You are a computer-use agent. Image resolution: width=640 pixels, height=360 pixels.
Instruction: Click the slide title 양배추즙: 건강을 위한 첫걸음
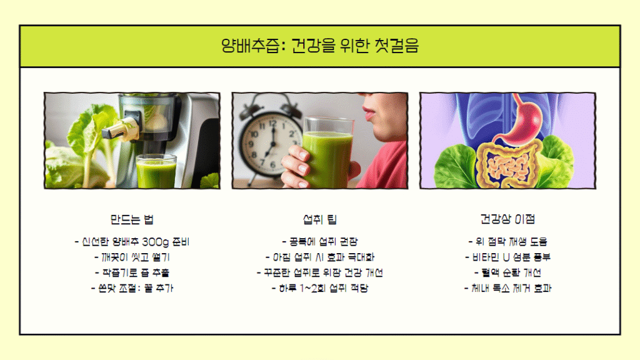click(x=320, y=46)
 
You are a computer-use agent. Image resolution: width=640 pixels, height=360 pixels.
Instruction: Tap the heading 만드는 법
click(x=132, y=219)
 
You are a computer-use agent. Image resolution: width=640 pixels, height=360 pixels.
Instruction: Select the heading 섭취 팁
click(x=320, y=219)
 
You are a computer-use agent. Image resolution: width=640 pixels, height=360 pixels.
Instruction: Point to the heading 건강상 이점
click(x=507, y=219)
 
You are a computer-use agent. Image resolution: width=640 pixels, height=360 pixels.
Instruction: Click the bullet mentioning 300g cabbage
click(x=132, y=242)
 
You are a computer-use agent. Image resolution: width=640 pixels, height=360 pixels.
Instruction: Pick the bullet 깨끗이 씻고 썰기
click(x=132, y=257)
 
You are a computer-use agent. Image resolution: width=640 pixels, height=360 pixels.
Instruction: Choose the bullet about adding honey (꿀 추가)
click(x=132, y=289)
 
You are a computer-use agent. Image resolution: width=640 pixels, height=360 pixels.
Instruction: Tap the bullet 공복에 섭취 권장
click(x=320, y=242)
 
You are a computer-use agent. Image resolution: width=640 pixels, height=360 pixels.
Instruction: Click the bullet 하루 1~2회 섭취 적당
click(x=320, y=289)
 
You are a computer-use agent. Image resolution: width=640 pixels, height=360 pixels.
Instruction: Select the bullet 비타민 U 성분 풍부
click(x=507, y=257)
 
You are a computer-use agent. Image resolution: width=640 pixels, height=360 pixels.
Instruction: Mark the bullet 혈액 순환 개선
click(x=507, y=272)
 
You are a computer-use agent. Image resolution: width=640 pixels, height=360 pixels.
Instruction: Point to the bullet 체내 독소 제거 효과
click(x=507, y=288)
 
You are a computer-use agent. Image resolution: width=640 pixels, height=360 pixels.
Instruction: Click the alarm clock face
click(x=270, y=145)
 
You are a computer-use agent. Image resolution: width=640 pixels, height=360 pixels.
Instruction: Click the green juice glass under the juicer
click(x=156, y=171)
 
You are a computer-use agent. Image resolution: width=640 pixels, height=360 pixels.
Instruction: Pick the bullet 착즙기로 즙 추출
click(x=132, y=273)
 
